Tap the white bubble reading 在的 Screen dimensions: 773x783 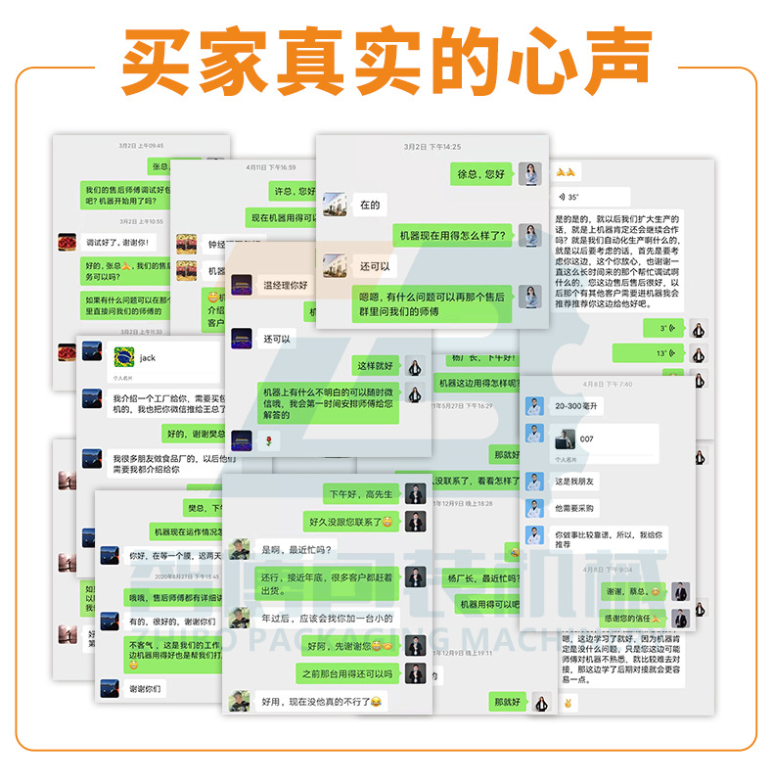click(369, 206)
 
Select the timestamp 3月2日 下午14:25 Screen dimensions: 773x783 click(432, 147)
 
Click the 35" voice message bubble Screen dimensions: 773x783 click(568, 196)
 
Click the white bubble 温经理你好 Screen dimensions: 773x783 click(285, 286)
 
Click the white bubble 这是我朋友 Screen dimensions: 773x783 click(574, 481)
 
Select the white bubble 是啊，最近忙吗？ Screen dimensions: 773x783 click(296, 550)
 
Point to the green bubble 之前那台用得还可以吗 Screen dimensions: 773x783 click(348, 673)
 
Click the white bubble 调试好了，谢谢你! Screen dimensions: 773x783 click(116, 242)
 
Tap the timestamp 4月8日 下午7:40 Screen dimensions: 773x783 click(607, 385)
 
